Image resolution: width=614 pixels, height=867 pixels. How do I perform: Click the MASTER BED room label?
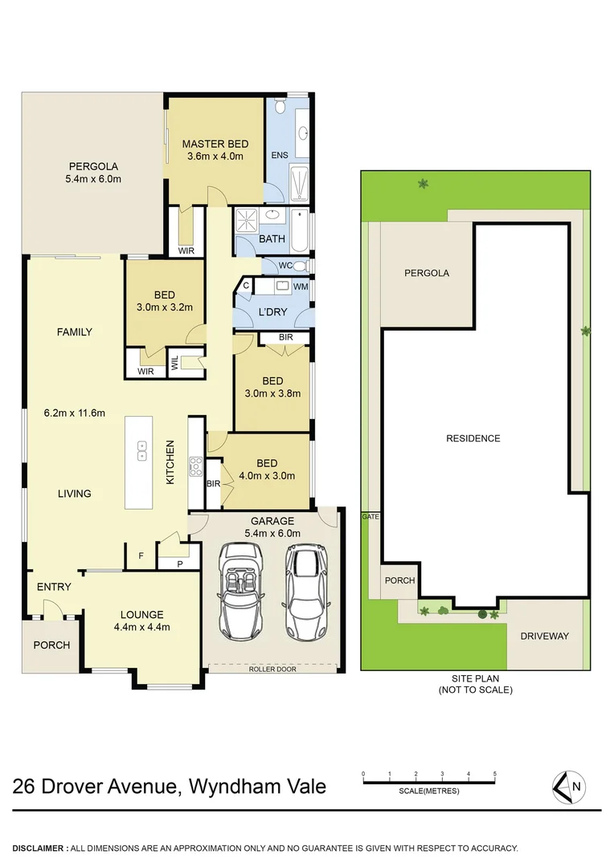(215, 144)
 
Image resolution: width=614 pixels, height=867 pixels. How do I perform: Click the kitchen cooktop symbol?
(194, 466)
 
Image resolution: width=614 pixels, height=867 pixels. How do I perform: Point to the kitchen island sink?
(141, 450)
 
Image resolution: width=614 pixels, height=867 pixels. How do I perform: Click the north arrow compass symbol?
(569, 787)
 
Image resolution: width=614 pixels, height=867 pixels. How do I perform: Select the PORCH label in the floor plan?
(51, 645)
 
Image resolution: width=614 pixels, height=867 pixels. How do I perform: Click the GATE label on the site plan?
(370, 517)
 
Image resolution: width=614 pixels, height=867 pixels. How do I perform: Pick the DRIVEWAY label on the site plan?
(544, 636)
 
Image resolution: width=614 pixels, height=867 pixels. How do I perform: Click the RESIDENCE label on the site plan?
(473, 438)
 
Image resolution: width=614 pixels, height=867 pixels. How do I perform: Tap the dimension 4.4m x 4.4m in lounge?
(142, 628)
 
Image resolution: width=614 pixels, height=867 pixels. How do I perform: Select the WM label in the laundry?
(301, 287)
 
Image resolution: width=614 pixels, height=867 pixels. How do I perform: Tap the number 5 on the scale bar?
(494, 775)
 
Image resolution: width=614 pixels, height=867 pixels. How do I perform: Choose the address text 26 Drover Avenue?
(95, 786)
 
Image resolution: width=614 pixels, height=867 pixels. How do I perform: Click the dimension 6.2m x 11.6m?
(75, 413)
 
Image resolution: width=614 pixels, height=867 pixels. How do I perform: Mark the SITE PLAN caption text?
(474, 684)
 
